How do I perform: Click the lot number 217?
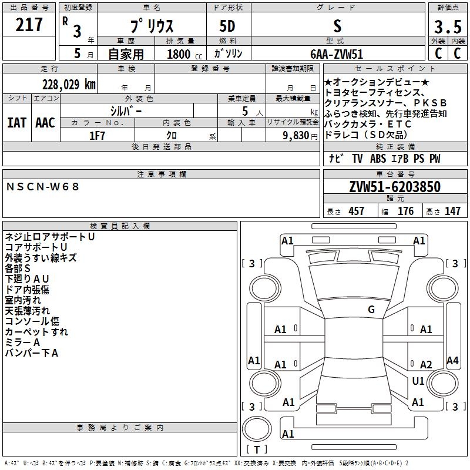tap(29, 25)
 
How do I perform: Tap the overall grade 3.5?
tap(448, 26)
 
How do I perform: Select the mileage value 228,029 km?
tap(69, 85)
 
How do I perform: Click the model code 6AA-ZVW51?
tap(337, 54)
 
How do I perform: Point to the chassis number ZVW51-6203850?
tap(395, 187)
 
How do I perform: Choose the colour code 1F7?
tap(97, 136)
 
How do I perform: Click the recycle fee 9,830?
tap(296, 136)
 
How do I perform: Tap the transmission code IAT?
tap(17, 123)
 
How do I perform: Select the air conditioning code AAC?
tap(45, 123)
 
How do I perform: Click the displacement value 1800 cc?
tap(184, 55)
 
